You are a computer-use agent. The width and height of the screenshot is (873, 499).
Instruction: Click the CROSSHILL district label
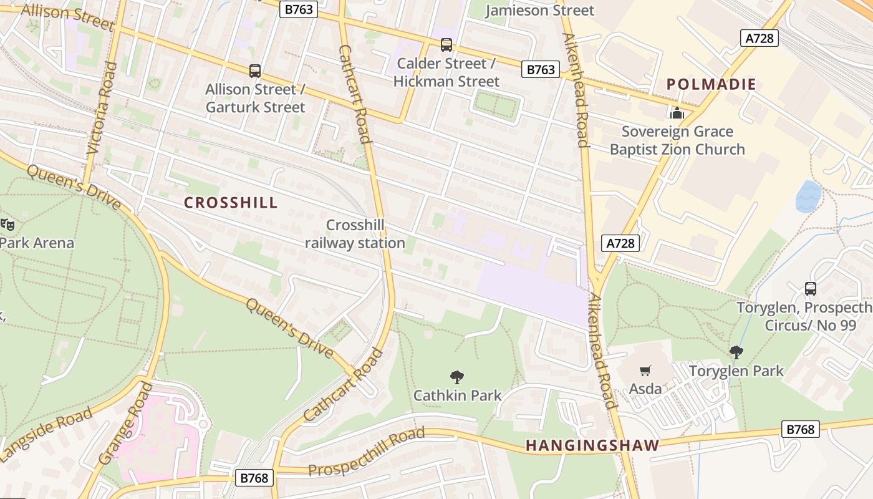[x=231, y=203]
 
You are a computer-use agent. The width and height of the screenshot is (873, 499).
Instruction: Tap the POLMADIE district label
[x=711, y=84]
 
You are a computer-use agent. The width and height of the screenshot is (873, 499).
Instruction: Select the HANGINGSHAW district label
[x=592, y=445]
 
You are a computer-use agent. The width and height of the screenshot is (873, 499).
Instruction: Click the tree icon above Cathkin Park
[x=457, y=377]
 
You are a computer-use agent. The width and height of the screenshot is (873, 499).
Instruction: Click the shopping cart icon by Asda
[x=645, y=371]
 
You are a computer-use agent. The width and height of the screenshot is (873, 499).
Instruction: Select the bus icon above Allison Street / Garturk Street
[x=254, y=71]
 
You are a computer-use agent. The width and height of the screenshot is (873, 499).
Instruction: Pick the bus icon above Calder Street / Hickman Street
[x=446, y=45]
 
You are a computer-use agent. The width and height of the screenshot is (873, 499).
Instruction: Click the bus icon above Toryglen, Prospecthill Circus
[x=810, y=289]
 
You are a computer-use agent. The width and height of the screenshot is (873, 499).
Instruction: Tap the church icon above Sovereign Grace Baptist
[x=677, y=113]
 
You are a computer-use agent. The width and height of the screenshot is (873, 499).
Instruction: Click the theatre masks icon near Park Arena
[x=7, y=223]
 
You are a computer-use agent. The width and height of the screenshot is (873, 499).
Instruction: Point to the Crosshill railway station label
[x=355, y=234]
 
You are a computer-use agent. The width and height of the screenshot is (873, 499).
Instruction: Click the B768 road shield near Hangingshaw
[x=800, y=429]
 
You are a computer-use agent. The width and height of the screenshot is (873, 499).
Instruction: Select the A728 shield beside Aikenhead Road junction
[x=621, y=243]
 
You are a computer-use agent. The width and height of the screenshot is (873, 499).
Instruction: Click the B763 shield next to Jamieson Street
[x=298, y=9]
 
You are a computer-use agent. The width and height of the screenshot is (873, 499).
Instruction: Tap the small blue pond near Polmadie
[x=809, y=196]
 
